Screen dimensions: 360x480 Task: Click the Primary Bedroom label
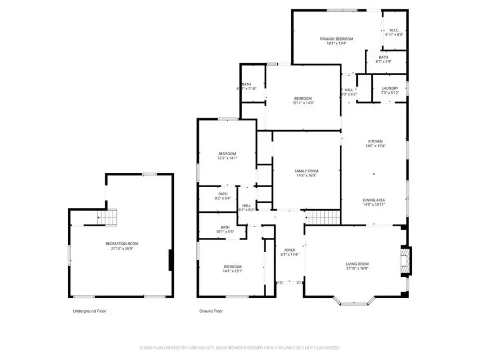click(337, 39)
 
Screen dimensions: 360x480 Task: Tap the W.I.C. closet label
click(394, 30)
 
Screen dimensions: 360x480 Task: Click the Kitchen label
click(374, 141)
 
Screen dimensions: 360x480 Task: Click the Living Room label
click(357, 264)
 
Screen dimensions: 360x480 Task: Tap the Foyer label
click(290, 250)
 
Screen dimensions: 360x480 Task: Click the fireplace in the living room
click(405, 261)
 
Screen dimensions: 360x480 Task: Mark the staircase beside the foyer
click(322, 217)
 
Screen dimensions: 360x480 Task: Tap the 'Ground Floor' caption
click(211, 311)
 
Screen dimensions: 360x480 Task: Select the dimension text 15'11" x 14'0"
click(302, 103)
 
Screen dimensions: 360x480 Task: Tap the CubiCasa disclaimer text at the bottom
click(240, 348)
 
